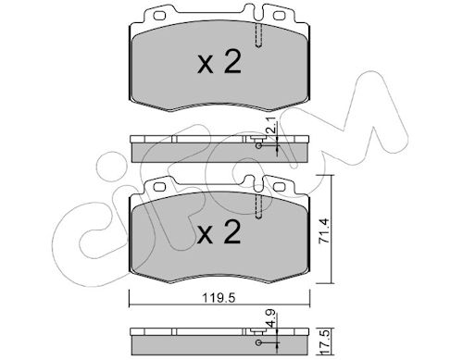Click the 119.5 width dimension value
219,299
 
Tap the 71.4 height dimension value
325,231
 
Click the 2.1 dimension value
272,127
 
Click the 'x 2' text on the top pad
219,62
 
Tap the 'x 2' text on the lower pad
219,232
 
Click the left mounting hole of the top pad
159,16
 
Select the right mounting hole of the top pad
279,16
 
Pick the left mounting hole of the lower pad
159,187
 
